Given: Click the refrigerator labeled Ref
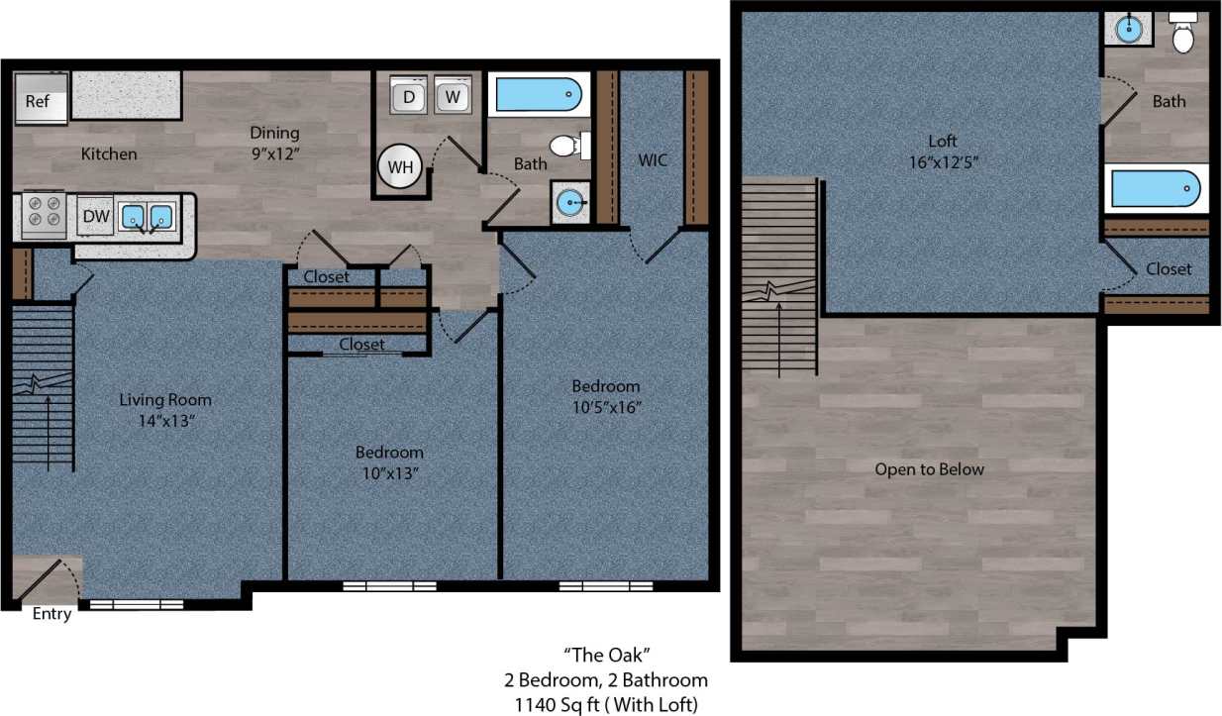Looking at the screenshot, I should [41, 101].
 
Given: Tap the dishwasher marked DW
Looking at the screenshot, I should [95, 216].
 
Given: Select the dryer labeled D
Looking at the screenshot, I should [409, 96].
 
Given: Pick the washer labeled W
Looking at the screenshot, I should [453, 96].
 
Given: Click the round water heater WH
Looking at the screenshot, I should [400, 166].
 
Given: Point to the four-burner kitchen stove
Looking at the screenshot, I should [44, 215].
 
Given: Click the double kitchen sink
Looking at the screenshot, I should [146, 216].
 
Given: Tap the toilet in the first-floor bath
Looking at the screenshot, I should [567, 147].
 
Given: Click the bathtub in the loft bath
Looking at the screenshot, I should [1156, 188].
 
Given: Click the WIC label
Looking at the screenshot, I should [653, 159].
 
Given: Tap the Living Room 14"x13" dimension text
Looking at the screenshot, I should [165, 421].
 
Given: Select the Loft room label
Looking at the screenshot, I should [943, 141].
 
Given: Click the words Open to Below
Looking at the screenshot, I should [929, 468].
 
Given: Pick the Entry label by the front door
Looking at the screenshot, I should [51, 614].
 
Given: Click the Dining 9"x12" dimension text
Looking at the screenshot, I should [274, 153].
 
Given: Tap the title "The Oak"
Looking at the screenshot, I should [606, 654].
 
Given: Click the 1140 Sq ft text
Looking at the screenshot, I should [606, 704].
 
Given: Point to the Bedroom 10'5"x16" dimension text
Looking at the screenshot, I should [605, 407].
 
